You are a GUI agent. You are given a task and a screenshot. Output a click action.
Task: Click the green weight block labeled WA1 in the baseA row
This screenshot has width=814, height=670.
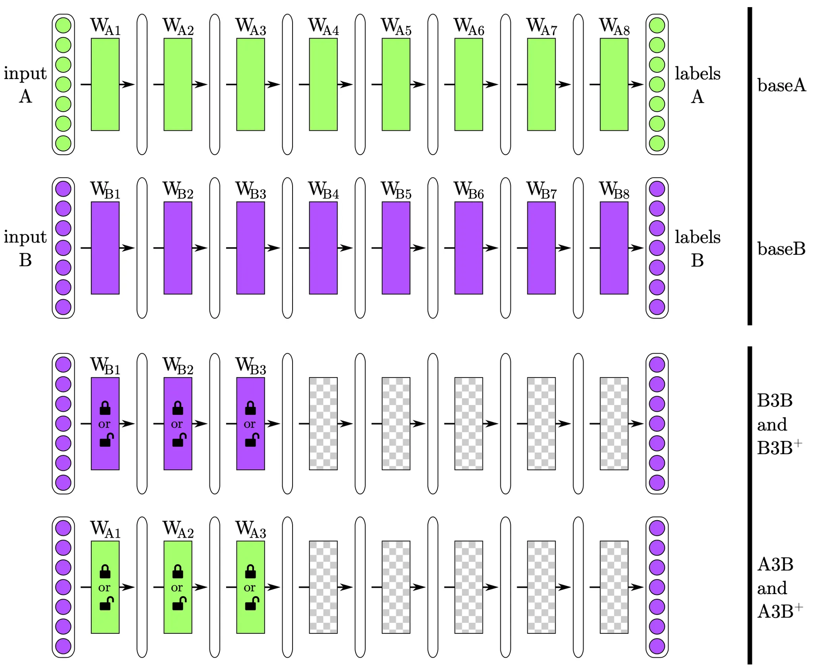pos(105,84)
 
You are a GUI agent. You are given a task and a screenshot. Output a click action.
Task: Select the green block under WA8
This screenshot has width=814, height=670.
pos(614,84)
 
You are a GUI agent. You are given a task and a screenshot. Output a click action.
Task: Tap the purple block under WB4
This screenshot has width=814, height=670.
pos(323,248)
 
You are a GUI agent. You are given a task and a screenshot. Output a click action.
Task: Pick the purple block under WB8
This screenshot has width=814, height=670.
pos(614,248)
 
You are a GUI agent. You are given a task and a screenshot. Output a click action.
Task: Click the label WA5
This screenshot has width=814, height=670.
pos(396,27)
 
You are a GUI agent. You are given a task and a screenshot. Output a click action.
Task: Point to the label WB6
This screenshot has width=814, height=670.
pos(469,191)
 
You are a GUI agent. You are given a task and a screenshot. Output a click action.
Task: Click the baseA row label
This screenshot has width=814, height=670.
pos(781,85)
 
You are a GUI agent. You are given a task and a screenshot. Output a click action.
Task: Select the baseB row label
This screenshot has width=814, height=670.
pos(781,249)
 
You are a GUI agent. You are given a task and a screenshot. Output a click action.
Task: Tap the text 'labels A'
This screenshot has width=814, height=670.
pos(697,85)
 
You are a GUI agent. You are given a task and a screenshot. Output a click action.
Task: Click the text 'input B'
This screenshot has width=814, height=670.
pos(25,248)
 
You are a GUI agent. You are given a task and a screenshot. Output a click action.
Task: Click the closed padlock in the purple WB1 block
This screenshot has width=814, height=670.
pos(105,408)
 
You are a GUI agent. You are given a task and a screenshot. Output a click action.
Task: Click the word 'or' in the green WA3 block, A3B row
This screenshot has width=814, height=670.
pos(250,587)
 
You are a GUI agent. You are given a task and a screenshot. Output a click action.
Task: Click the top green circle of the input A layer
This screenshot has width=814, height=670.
pos(63,25)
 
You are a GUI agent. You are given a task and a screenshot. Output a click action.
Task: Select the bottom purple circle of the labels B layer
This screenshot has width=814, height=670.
pos(657,307)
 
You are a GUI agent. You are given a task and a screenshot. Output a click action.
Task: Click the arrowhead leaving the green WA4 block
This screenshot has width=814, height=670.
pos(345,84)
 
